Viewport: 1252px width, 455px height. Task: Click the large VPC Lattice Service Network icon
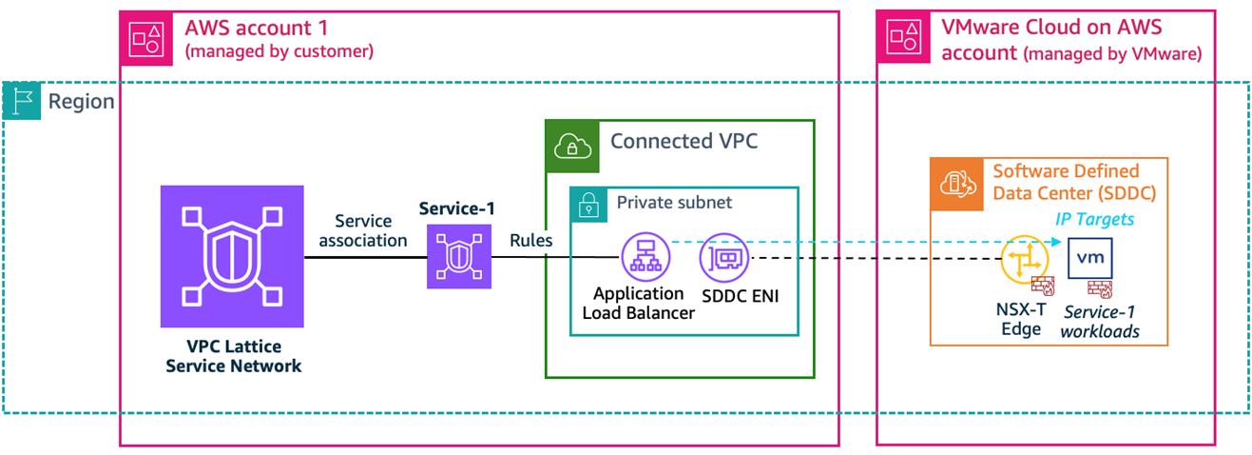point(232,256)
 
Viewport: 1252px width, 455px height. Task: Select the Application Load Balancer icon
point(645,257)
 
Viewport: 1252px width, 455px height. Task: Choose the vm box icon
point(1090,258)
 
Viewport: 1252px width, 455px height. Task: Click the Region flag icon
point(22,101)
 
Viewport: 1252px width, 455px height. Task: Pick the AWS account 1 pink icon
point(145,37)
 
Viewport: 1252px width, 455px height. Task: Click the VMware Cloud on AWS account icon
point(902,37)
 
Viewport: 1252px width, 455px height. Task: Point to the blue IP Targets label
point(1094,219)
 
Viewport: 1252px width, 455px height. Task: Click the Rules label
point(530,241)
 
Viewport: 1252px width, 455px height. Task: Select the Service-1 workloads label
point(1101,322)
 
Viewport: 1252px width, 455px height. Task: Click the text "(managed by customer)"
point(279,51)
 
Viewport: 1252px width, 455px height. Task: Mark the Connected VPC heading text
point(684,142)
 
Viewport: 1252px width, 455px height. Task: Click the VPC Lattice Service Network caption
point(233,357)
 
